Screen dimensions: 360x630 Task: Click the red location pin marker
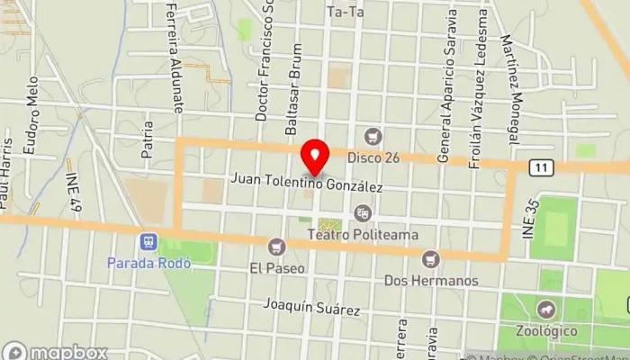point(314,157)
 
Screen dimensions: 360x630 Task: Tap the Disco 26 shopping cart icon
point(373,137)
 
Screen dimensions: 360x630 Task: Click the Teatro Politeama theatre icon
point(363,213)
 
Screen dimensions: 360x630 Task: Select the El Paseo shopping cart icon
point(277,246)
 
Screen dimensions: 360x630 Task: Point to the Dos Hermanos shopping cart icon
point(431,259)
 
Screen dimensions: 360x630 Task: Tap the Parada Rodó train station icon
point(148,242)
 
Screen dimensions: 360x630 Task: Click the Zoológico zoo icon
point(546,310)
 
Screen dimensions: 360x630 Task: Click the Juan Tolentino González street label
point(307,183)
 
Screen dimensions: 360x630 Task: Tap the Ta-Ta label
point(346,12)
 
